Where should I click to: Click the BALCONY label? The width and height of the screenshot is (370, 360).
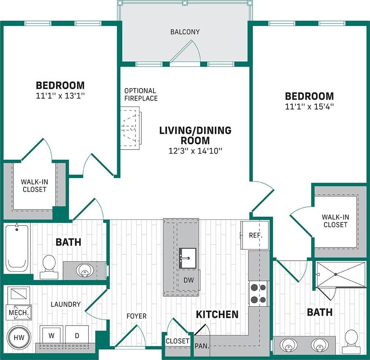(x=185, y=32)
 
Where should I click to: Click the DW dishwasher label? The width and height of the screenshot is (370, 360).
(x=189, y=280)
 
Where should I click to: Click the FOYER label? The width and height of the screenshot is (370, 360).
(x=136, y=316)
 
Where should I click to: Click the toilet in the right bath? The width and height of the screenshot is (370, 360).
(x=351, y=342)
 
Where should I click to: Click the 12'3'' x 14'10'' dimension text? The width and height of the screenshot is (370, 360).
(x=195, y=150)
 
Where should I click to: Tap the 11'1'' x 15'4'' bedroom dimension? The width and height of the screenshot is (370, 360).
(x=309, y=107)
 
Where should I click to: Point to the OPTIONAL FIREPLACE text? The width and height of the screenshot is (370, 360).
(x=141, y=94)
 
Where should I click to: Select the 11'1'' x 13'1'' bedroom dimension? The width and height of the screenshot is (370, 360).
(x=60, y=96)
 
